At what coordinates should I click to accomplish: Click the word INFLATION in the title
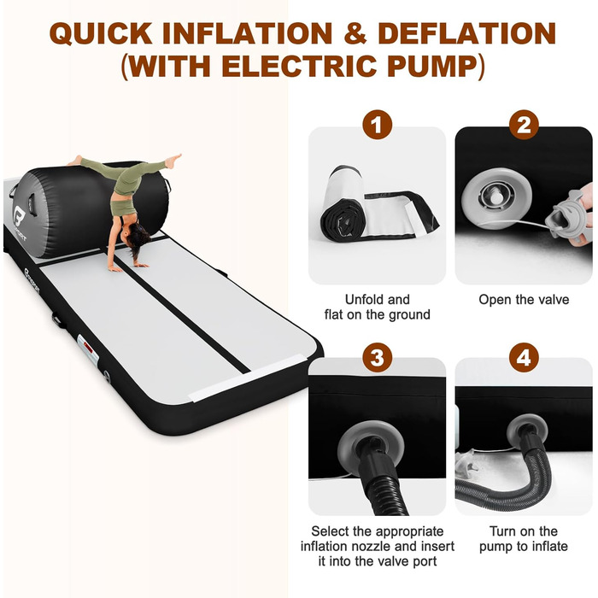pos(247,33)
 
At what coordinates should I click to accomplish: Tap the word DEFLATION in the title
pos(466,33)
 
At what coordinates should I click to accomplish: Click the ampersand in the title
pos(355,33)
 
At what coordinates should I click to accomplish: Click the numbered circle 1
pos(378,125)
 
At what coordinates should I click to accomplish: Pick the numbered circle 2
pos(524,125)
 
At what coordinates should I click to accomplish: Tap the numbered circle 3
pos(378,358)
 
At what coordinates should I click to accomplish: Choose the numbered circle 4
pos(524,358)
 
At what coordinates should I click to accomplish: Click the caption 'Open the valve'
pos(524,299)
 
